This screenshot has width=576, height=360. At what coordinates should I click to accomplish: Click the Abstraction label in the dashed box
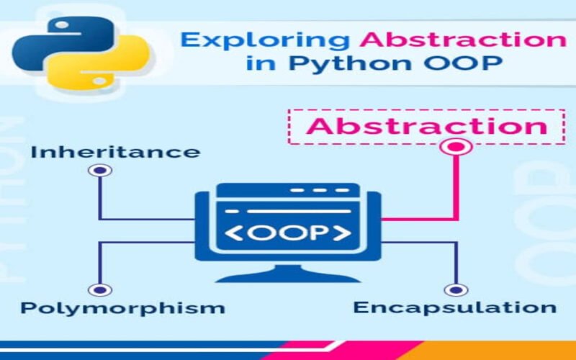pyautogui.click(x=427, y=126)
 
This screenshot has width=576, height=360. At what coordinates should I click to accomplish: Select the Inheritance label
pyautogui.click(x=115, y=152)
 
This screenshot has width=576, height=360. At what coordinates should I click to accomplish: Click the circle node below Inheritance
pyautogui.click(x=99, y=171)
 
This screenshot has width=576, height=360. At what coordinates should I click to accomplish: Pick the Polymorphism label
pyautogui.click(x=122, y=308)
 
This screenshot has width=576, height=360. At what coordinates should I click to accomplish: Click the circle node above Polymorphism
pyautogui.click(x=99, y=289)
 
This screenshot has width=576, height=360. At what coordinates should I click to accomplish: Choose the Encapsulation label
pyautogui.click(x=454, y=307)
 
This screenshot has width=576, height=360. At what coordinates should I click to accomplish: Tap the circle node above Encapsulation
pyautogui.click(x=454, y=289)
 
